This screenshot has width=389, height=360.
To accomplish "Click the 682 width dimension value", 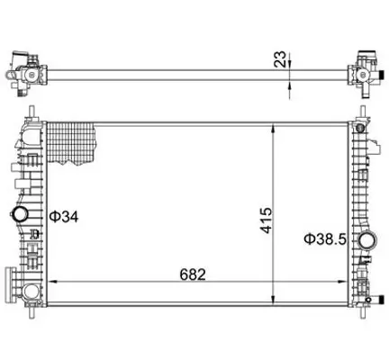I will click(193, 274).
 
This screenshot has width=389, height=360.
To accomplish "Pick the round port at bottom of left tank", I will click(32, 290).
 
